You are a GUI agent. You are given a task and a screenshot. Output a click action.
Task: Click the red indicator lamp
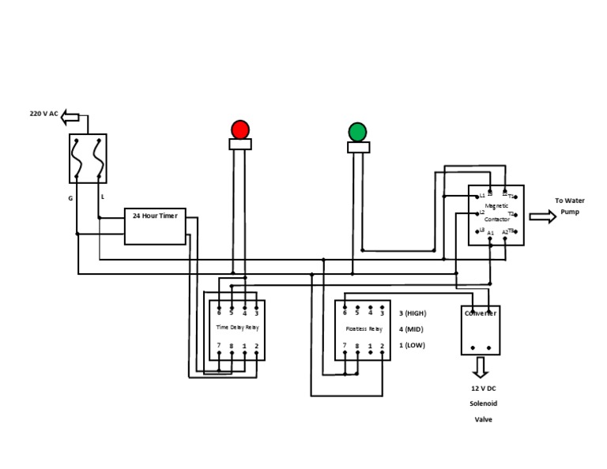point(240,129)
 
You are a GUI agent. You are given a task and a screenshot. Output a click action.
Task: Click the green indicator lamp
point(357,132)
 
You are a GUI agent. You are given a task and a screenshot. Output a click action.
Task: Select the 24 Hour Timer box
point(155,226)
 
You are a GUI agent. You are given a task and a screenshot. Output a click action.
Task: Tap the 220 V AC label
point(43,114)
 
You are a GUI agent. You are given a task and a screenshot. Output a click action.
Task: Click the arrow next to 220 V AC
point(70,117)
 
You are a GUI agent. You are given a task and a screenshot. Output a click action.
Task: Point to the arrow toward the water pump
point(542,216)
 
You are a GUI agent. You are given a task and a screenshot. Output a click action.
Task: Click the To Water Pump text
point(569,206)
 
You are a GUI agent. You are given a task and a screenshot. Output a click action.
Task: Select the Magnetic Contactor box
point(496,215)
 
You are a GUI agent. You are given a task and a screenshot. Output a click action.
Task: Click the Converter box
point(481,330)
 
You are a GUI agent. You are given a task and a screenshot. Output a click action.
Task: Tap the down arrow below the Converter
point(481,368)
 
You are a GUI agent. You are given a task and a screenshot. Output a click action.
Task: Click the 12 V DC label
point(483,388)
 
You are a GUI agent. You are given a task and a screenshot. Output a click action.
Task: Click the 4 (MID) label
point(411,329)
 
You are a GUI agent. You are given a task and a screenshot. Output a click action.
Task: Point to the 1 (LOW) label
point(411,345)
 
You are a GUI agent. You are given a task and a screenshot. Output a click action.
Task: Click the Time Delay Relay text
point(237,327)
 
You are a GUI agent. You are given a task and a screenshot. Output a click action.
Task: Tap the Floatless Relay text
point(364,328)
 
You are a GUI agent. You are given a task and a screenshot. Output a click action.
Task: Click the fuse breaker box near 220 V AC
point(88,158)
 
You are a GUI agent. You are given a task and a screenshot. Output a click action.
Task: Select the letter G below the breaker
point(70,198)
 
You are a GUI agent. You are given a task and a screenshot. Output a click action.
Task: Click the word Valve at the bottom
point(483,419)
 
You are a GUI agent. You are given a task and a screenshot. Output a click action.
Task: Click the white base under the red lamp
point(240,144)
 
